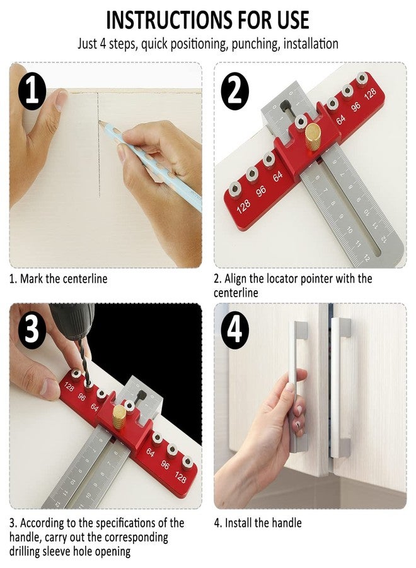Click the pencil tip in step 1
point(100,122)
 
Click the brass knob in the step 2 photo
point(313,136)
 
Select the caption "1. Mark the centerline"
point(58,278)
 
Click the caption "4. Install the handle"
point(258,523)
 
